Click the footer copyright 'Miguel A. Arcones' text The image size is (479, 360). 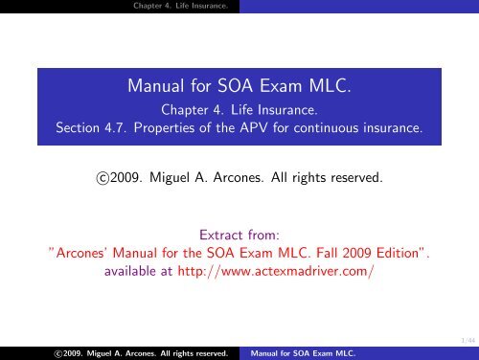coord(102,352)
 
